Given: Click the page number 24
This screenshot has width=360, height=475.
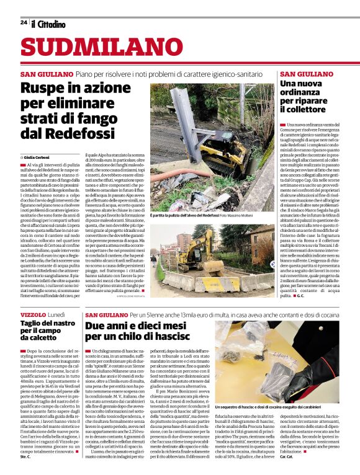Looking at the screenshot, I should (x=23, y=22).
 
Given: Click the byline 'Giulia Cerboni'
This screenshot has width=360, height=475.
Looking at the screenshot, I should (x=39, y=158).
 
